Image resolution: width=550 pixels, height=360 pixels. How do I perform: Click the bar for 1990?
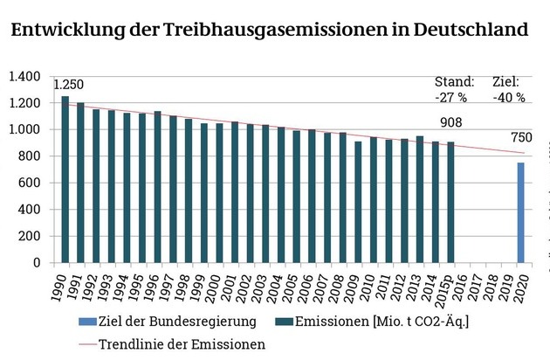(65, 179)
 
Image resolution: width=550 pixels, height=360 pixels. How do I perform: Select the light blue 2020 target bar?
(521, 212)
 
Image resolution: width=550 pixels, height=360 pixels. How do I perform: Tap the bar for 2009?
(358, 202)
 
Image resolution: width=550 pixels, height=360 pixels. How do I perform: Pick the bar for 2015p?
(450, 202)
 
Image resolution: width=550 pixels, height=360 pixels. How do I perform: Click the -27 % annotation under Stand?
(452, 97)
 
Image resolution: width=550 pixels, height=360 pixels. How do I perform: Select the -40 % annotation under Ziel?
(509, 97)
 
